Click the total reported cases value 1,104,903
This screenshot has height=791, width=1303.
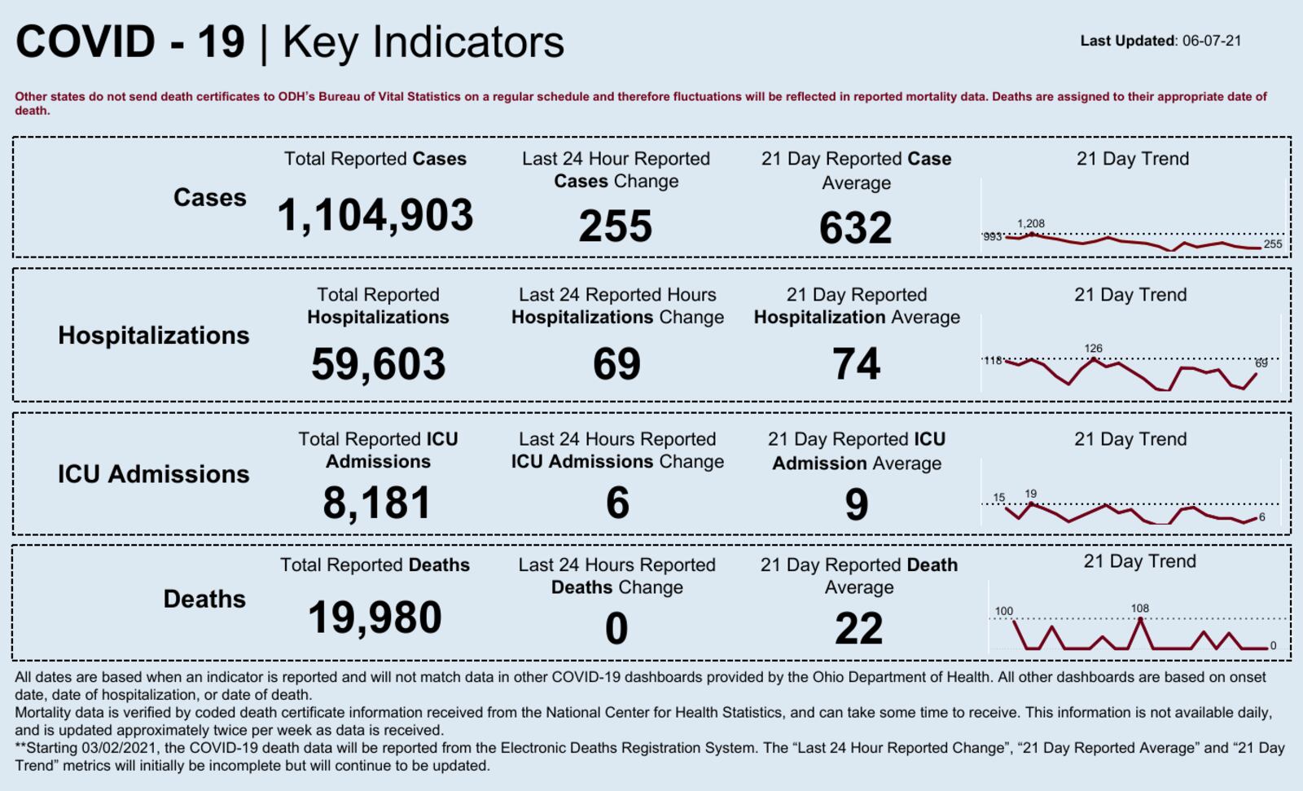(x=375, y=216)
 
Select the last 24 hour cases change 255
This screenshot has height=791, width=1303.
(x=616, y=226)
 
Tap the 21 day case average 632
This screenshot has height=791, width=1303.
(x=855, y=228)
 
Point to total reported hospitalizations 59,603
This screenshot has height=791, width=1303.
(x=378, y=364)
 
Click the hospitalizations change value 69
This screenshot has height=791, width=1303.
(x=616, y=364)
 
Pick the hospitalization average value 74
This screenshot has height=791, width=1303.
(x=856, y=364)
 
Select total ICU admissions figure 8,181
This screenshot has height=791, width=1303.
(x=377, y=503)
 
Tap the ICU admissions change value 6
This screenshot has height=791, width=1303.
(x=617, y=503)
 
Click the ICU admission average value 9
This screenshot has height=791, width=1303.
(x=856, y=504)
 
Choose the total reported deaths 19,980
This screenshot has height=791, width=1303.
(x=375, y=617)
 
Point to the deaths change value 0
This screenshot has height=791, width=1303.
(x=616, y=629)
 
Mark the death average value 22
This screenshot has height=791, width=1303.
(x=858, y=629)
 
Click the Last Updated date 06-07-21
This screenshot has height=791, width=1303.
(x=1212, y=41)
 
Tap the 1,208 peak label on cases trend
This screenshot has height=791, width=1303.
(x=1030, y=223)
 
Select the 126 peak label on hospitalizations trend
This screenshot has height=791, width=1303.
(x=1093, y=349)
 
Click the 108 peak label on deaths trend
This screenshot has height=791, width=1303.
(x=1139, y=609)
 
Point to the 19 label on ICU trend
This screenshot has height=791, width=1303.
(x=1031, y=494)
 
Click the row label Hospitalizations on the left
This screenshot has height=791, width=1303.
(x=154, y=336)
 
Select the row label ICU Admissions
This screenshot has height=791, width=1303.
(x=153, y=474)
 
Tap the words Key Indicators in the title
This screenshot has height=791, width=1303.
(x=423, y=42)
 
